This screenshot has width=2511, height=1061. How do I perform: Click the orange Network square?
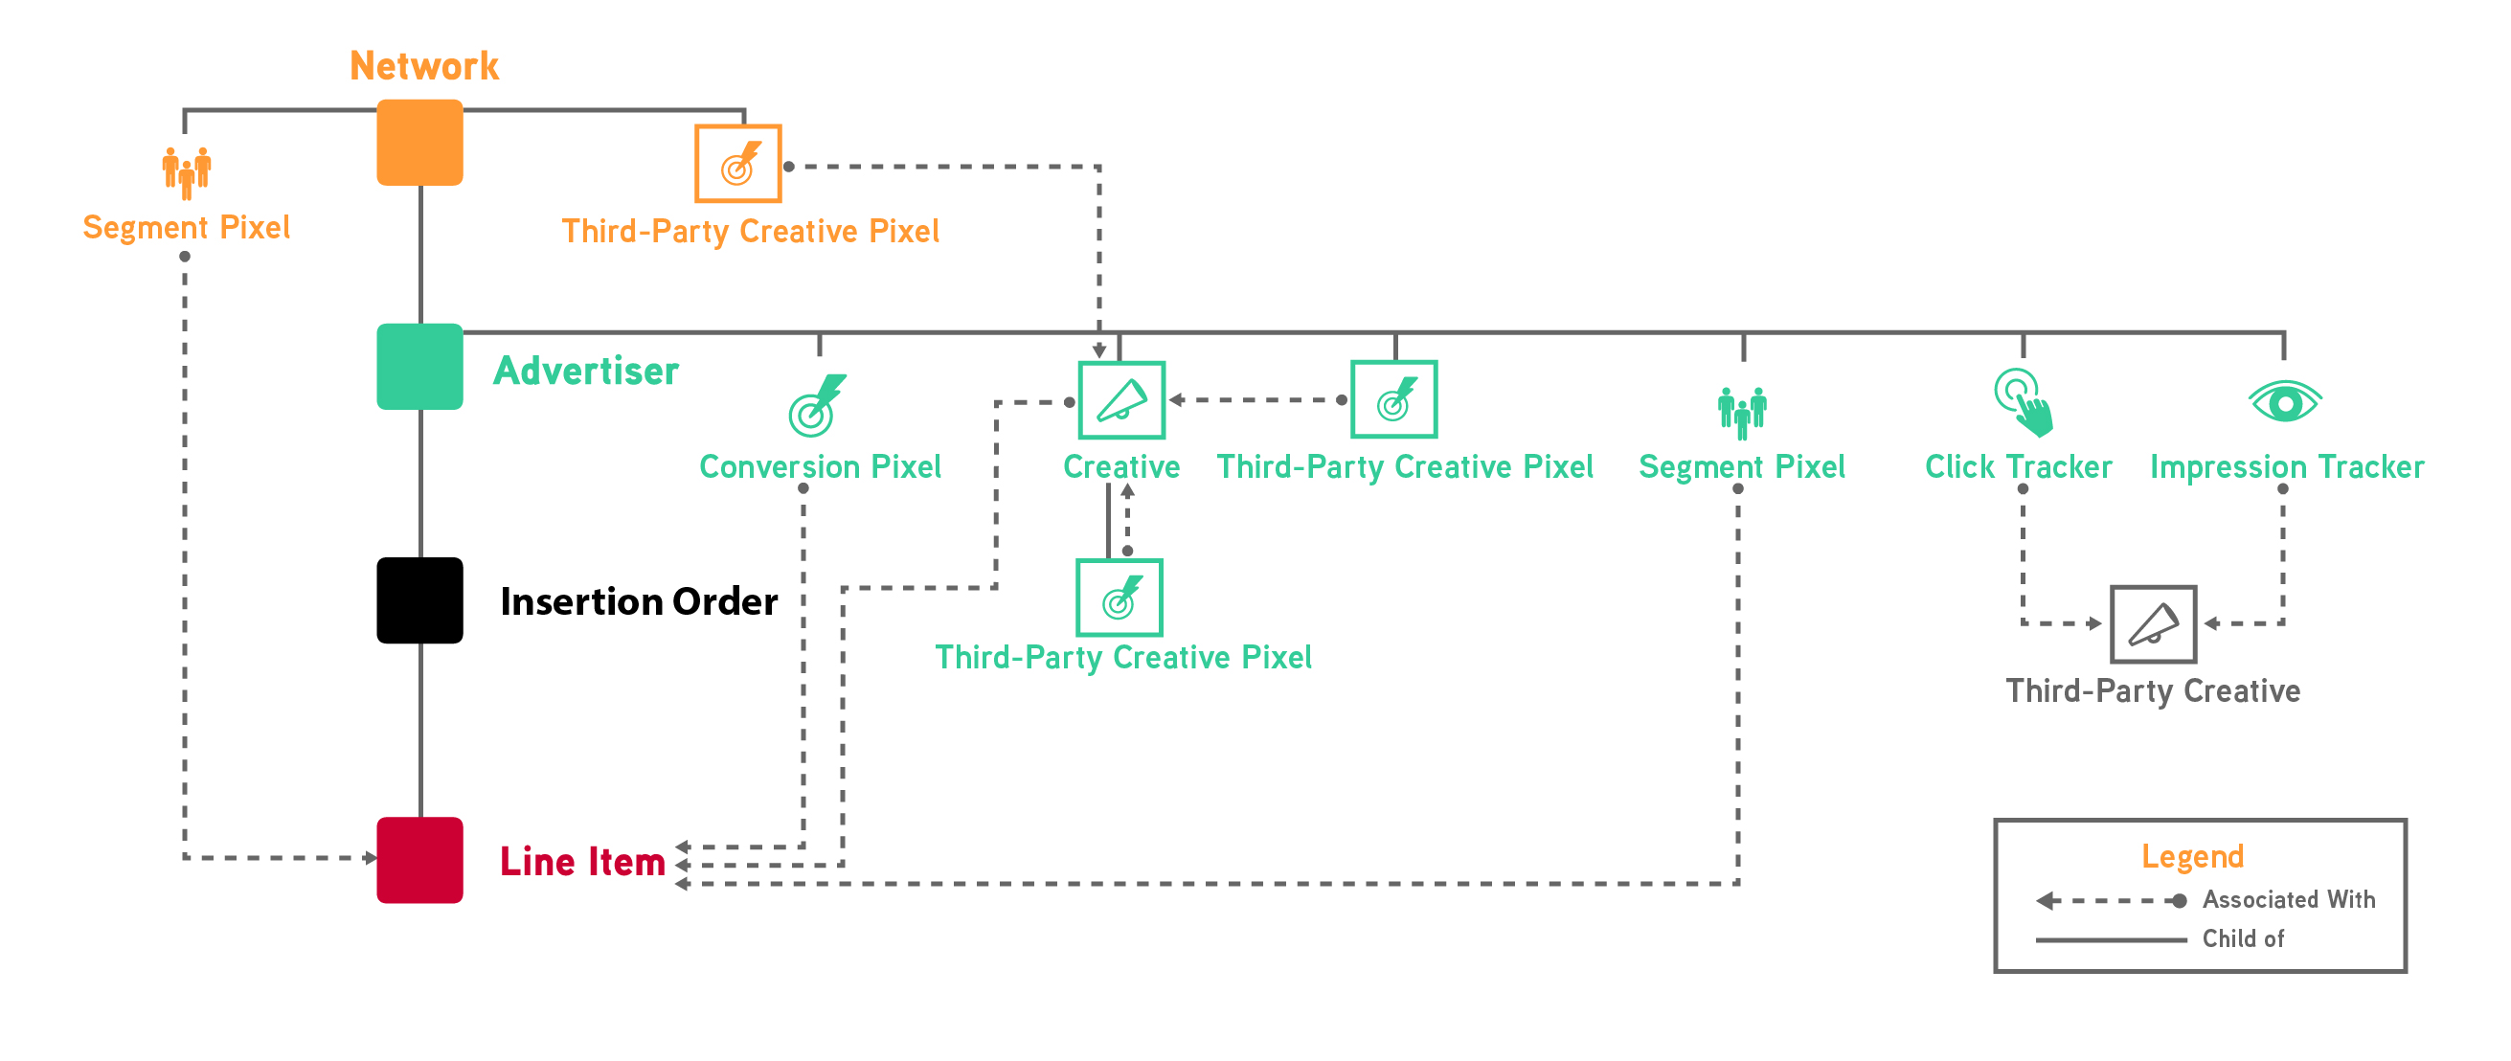419,143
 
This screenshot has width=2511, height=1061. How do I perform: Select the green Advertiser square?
419,367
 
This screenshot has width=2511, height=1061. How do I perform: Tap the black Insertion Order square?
419,600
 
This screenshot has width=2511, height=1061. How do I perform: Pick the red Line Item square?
419,859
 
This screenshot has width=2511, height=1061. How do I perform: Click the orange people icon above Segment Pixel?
186,172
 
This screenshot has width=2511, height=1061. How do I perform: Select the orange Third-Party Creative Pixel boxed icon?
738,164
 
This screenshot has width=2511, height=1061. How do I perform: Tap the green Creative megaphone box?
1121,400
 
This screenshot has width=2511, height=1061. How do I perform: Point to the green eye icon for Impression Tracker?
2285,401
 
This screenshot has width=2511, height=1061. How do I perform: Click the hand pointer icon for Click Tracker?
2024,401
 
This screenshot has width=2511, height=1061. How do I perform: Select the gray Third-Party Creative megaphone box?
2152,623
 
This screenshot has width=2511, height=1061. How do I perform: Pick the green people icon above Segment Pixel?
1742,412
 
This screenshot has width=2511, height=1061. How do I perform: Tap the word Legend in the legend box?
2192,856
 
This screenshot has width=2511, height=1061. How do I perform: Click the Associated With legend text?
2288,899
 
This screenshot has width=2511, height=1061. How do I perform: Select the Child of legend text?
2242,938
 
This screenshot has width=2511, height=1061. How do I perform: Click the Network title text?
424,66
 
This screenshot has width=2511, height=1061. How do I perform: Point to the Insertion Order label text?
639,601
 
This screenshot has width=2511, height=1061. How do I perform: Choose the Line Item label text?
582,861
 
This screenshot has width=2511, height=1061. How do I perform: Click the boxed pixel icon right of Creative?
1393,399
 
